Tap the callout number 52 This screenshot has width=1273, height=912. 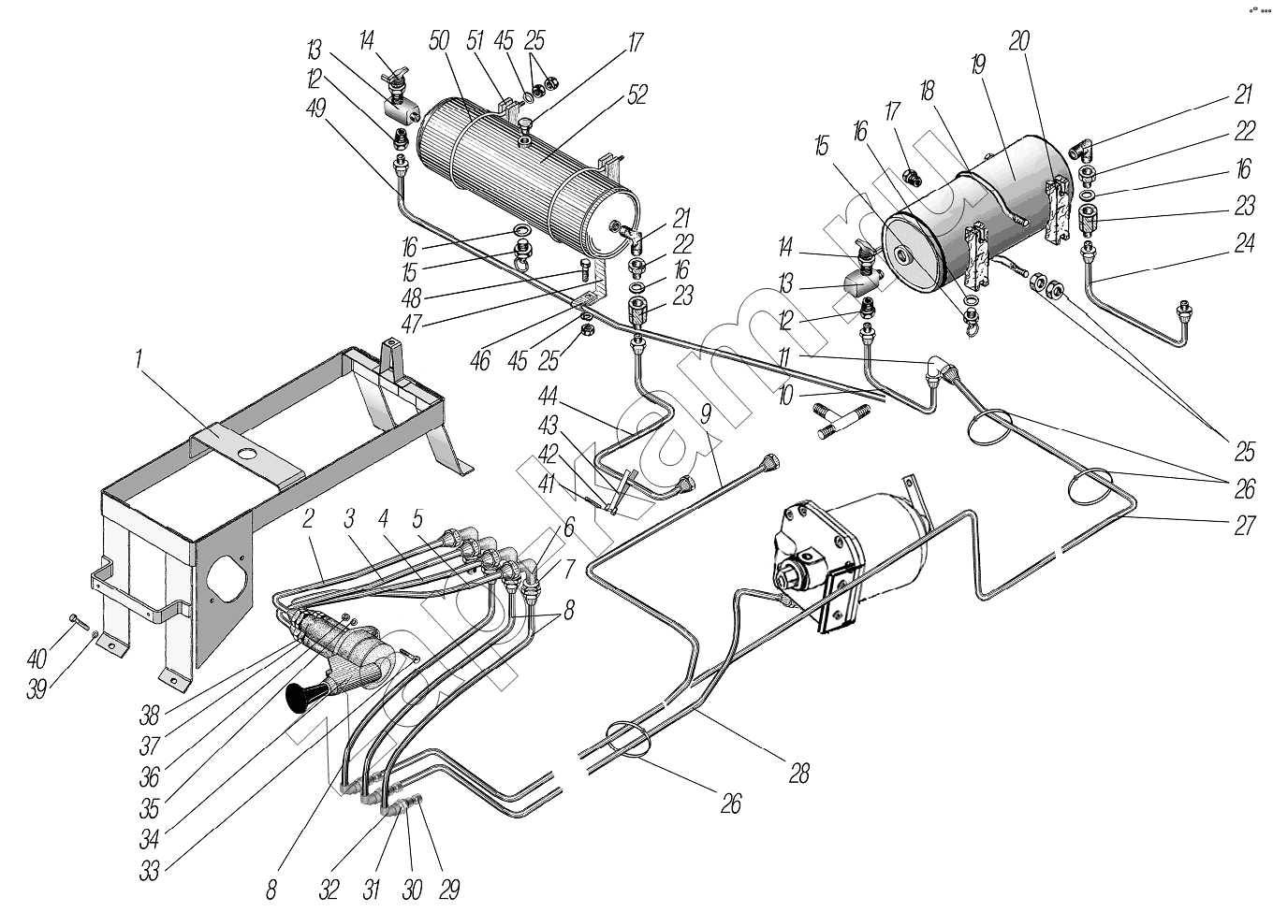(637, 94)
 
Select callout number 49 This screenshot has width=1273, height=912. (315, 107)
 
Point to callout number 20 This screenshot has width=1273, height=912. (1019, 41)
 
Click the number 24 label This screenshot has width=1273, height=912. (1244, 243)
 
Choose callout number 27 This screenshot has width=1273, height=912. (1244, 526)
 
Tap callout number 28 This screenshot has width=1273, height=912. (799, 773)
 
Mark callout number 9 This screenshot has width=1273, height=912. (705, 414)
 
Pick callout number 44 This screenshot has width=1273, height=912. (548, 396)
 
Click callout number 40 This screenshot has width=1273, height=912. (37, 659)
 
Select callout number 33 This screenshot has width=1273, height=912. (150, 871)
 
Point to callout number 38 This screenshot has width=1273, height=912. (150, 717)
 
